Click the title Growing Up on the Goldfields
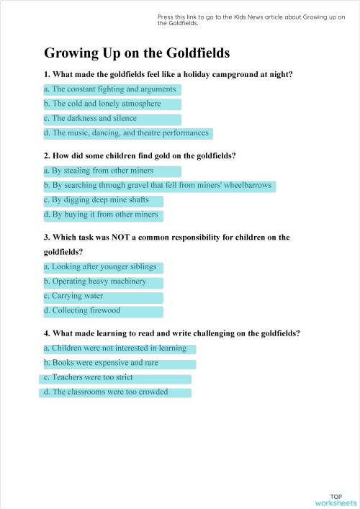(137, 53)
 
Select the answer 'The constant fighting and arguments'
(112, 89)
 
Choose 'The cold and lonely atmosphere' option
(112, 104)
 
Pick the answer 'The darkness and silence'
(112, 119)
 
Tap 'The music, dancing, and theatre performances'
(127, 133)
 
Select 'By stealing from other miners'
(112, 171)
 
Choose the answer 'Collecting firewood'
(103, 311)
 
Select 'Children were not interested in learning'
(119, 348)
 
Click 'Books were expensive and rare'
(119, 364)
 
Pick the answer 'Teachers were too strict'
(115, 378)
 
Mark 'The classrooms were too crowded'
(115, 392)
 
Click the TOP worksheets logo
(336, 500)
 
